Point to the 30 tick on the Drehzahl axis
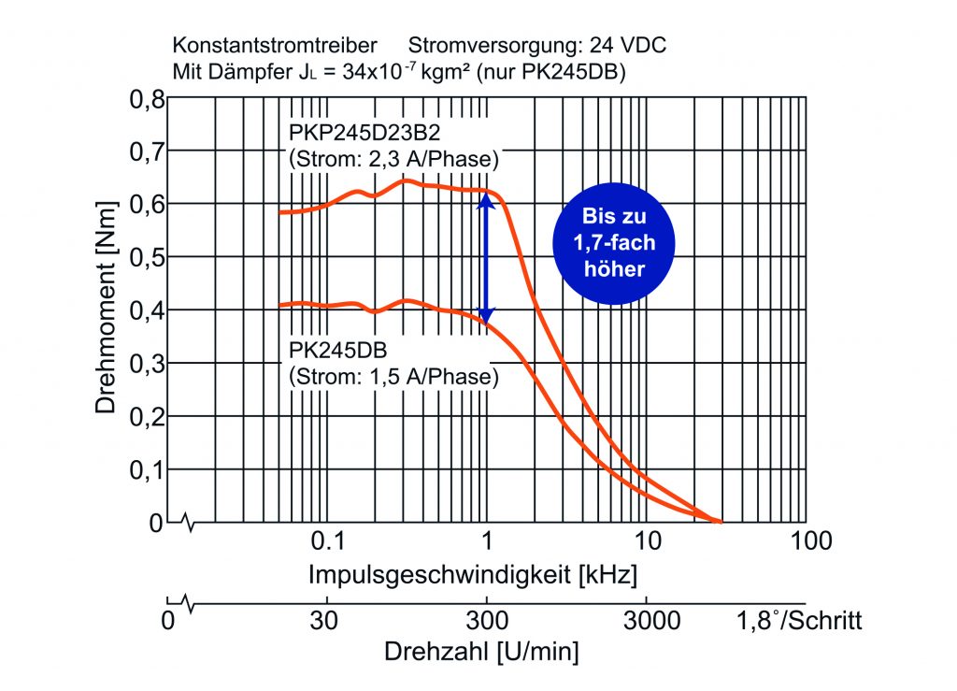[325, 620]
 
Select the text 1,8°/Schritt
[799, 620]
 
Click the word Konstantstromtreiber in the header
[275, 45]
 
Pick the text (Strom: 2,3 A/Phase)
[393, 159]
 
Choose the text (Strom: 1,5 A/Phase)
[393, 378]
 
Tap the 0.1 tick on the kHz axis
[325, 540]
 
